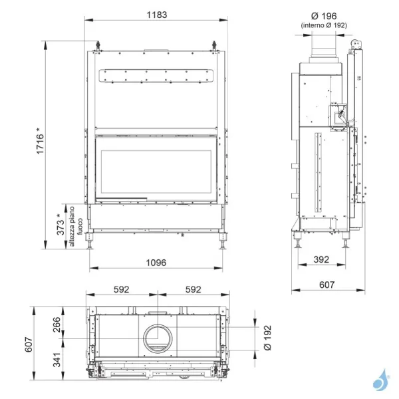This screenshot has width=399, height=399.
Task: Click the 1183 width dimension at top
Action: [157, 14]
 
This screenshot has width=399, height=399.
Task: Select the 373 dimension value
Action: [61, 225]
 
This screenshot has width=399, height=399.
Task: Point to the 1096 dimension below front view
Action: [157, 262]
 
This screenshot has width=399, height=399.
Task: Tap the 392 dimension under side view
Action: [321, 261]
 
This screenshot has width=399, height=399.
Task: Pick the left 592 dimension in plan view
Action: [121, 290]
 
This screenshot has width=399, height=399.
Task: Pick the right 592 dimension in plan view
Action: [193, 290]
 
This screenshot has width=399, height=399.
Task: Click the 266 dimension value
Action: [57, 324]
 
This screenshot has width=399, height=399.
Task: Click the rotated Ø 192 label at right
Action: [268, 338]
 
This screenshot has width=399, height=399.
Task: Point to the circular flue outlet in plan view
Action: [158, 338]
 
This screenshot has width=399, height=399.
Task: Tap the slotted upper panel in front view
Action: [157, 76]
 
